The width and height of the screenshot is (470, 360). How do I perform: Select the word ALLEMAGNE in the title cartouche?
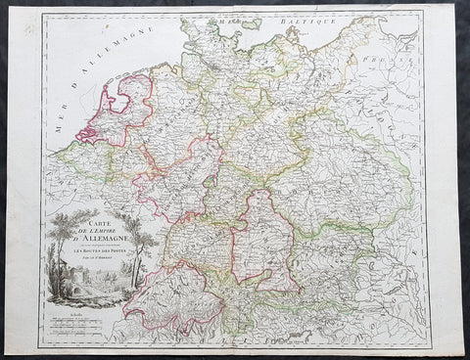[95, 244]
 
